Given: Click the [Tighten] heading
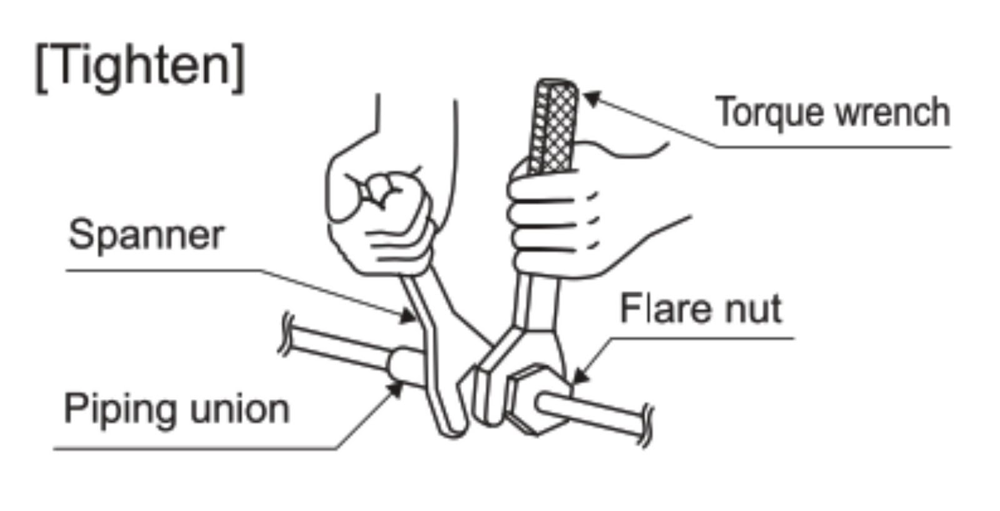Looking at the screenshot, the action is point(140,67).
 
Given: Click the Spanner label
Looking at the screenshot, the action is point(146,236).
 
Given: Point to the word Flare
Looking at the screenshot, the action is point(666,309).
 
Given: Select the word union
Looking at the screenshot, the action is point(240,409).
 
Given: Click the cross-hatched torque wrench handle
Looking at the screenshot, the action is point(554,125).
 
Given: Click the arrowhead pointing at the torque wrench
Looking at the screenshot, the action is point(591,99).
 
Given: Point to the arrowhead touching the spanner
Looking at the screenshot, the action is point(409,317).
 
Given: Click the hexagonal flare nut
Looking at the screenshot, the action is point(531,400).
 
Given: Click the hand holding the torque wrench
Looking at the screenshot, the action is point(562,212).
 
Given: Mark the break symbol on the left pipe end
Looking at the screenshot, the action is point(286,334).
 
